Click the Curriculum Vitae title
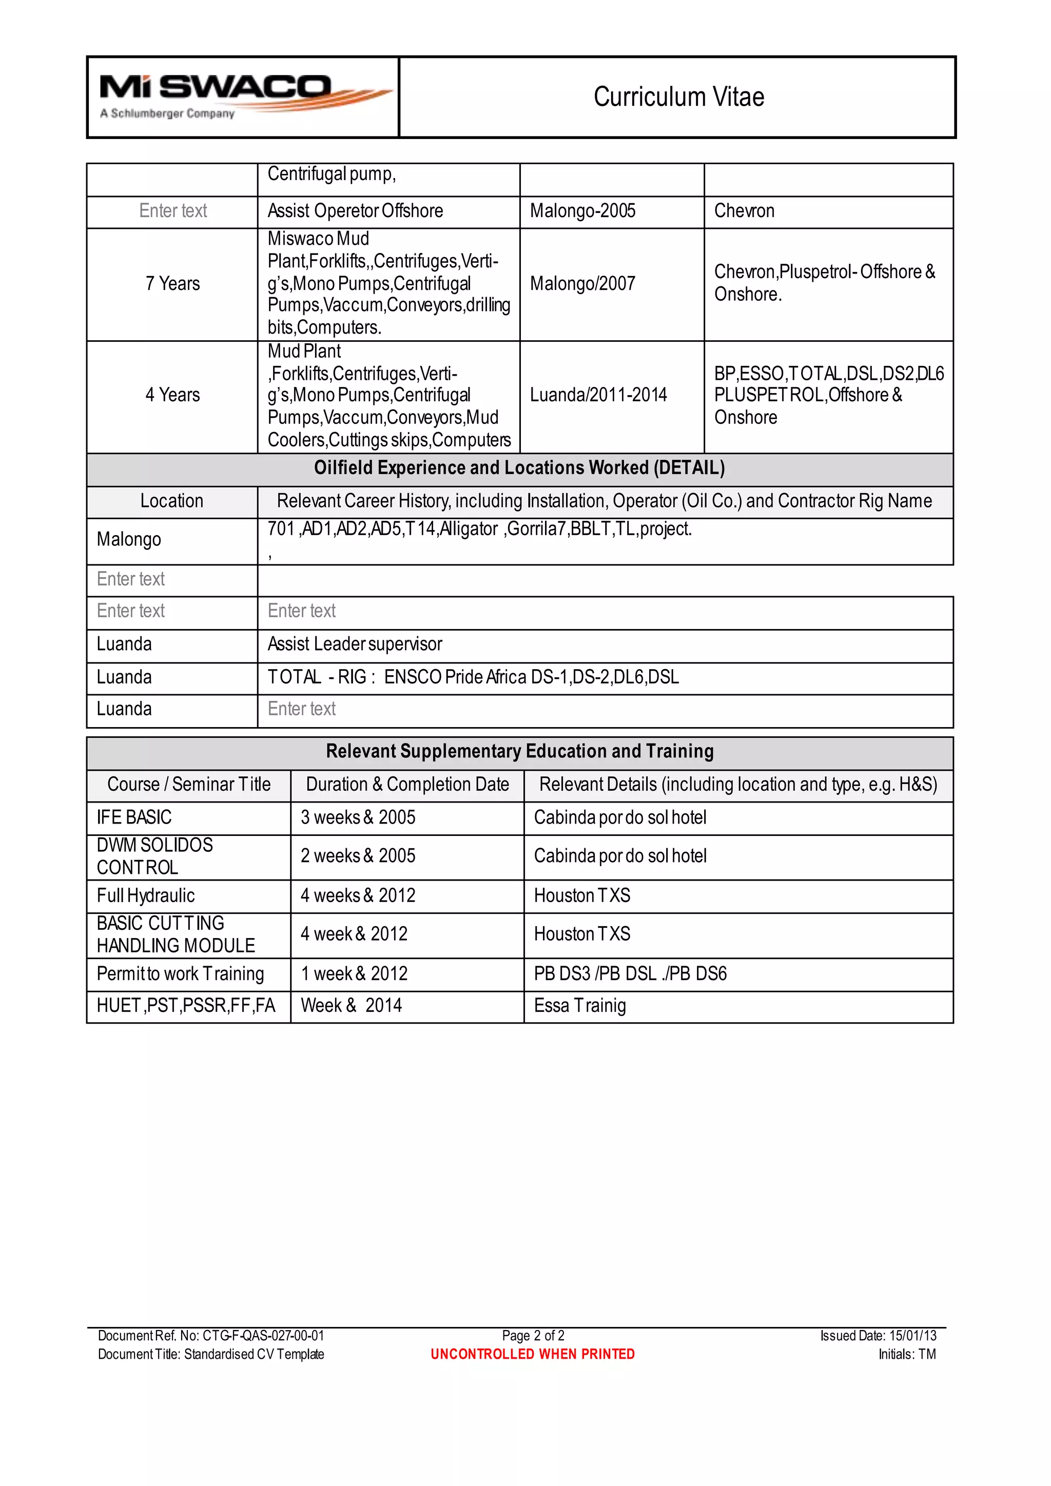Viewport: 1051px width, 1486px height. click(x=678, y=97)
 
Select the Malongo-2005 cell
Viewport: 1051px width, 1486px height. click(x=582, y=211)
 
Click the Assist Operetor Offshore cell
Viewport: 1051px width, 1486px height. click(x=355, y=211)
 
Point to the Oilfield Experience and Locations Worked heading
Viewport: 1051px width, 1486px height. click(x=519, y=468)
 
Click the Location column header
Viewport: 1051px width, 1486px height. click(x=171, y=501)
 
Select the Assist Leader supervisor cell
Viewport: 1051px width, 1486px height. click(x=355, y=644)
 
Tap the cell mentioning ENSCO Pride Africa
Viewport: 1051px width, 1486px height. click(x=473, y=677)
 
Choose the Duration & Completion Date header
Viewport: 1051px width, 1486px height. click(x=407, y=785)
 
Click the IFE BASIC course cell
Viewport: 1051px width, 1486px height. click(x=134, y=817)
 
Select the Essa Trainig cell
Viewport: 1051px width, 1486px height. click(x=580, y=1006)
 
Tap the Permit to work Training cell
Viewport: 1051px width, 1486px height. click(x=180, y=973)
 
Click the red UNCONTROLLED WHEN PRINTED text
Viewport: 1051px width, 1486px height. click(x=532, y=1354)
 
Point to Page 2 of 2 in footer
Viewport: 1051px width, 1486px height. click(x=533, y=1335)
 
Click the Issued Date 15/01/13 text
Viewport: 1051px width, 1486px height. click(x=878, y=1335)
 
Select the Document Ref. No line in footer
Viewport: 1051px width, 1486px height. click(x=210, y=1335)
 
